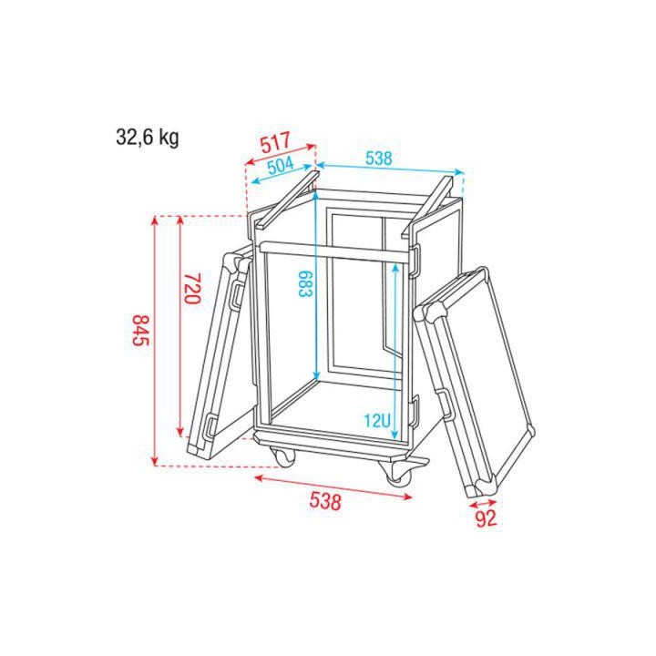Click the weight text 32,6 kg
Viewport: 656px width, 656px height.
tap(147, 138)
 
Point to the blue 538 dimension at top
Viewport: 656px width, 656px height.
tap(379, 158)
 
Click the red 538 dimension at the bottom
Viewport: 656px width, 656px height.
tap(325, 500)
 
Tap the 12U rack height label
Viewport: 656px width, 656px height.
tap(377, 421)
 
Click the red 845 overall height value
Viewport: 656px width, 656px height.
tap(139, 330)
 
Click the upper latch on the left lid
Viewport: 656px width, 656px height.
tap(235, 294)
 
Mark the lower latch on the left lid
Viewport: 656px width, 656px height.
tap(209, 426)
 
